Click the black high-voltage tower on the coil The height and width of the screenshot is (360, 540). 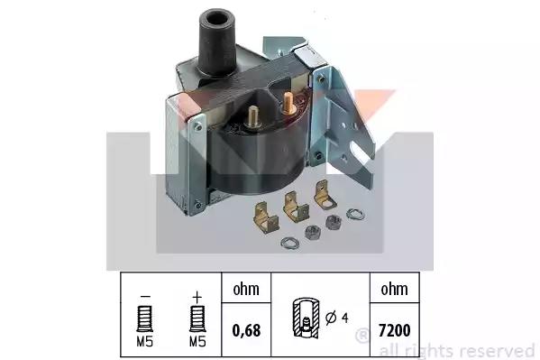tap(217, 42)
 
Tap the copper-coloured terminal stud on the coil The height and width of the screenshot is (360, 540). tap(288, 103)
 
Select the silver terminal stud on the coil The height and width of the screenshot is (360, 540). tap(253, 116)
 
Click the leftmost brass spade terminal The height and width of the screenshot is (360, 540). tap(265, 217)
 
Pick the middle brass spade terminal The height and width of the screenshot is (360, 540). tap(295, 207)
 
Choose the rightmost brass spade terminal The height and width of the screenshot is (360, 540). tap(325, 196)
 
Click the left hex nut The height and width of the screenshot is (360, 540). tap(312, 233)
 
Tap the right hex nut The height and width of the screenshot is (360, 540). tap(333, 223)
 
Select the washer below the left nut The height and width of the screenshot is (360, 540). tap(289, 243)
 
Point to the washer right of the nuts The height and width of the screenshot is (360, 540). tap(355, 214)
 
